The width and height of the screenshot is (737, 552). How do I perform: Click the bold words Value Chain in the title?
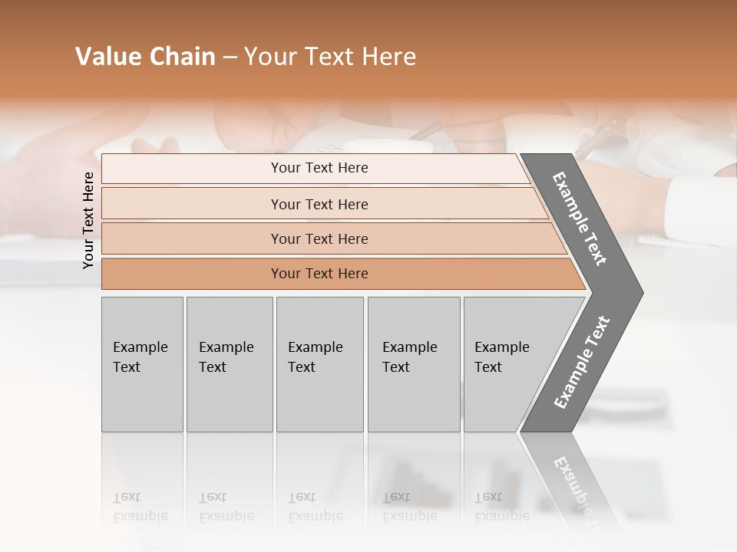coord(145,57)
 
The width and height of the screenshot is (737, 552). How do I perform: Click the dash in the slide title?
coord(230,58)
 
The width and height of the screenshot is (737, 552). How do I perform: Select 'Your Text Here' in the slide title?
coord(330,57)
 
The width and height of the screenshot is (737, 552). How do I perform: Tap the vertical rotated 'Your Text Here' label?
coord(88,220)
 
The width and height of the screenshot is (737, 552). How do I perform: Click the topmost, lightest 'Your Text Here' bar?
coord(319,168)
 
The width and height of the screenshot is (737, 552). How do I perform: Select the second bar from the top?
coord(319,204)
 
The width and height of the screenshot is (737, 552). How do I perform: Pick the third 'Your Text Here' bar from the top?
coord(319,238)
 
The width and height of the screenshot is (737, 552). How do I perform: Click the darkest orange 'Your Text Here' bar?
coord(319,274)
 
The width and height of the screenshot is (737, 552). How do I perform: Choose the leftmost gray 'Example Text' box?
coord(142,364)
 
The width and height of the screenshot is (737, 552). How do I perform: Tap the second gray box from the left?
coord(229,364)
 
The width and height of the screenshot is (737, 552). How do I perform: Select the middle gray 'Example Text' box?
coord(319,364)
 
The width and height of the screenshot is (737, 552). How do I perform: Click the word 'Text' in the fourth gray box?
coord(396,367)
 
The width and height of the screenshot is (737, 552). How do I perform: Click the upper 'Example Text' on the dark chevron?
coord(580,219)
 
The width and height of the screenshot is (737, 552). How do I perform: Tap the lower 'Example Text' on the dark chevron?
coord(582,362)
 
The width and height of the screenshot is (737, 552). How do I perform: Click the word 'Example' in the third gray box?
coord(315,347)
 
